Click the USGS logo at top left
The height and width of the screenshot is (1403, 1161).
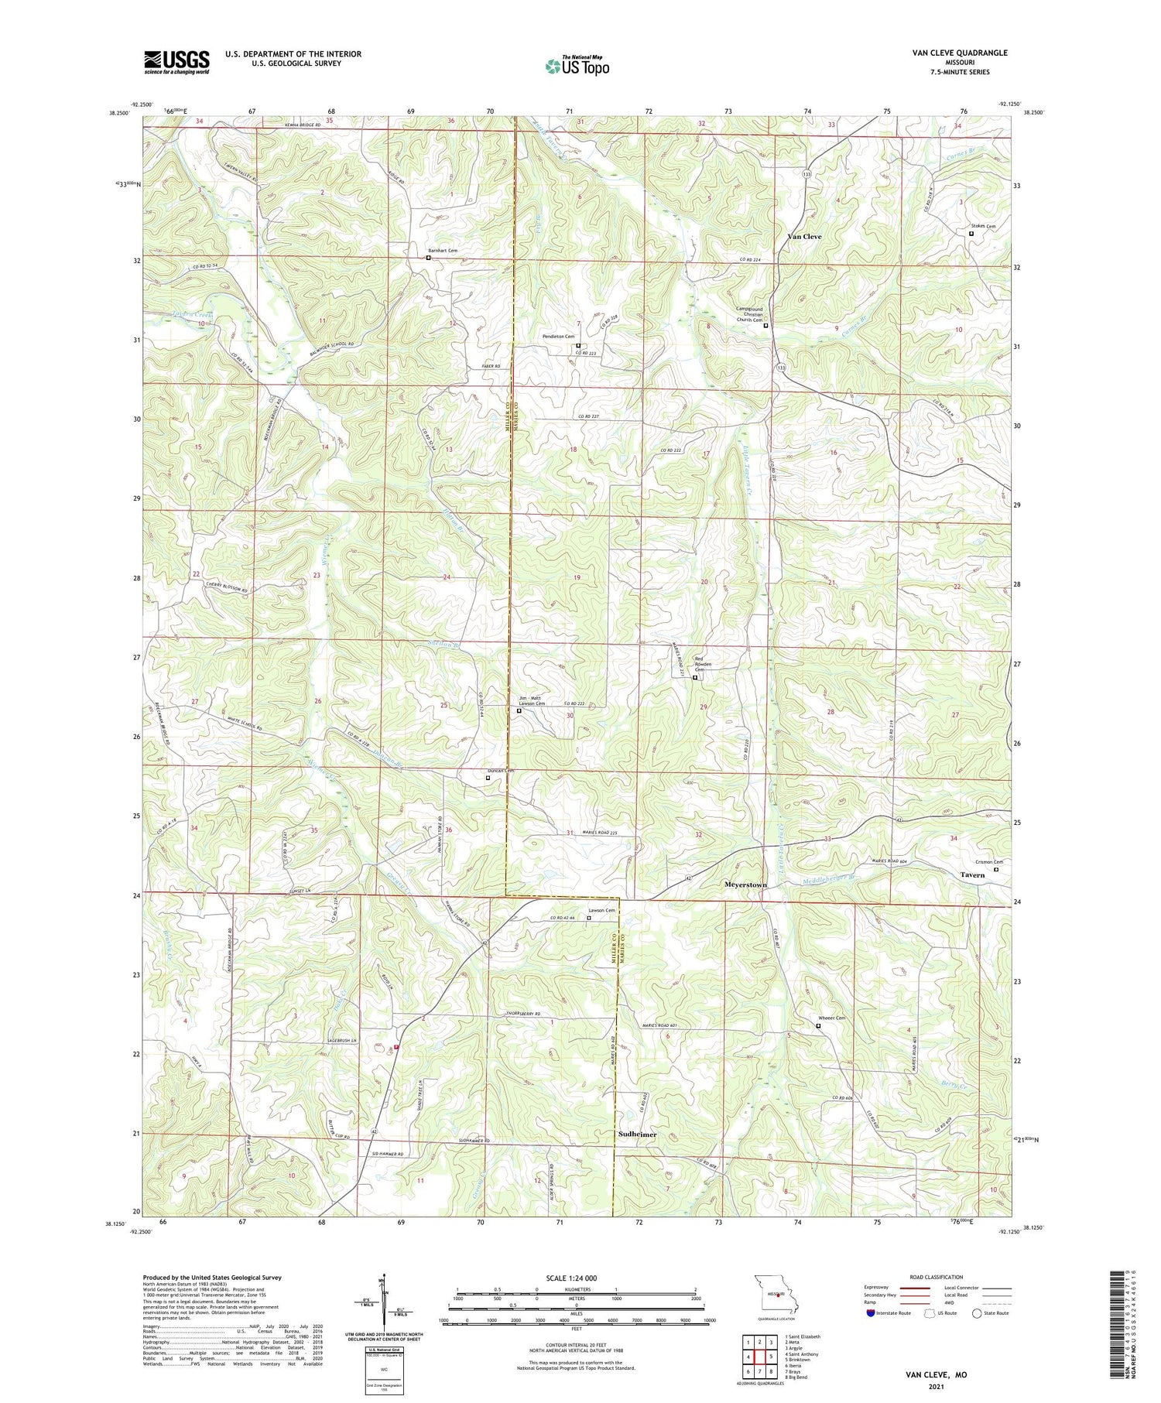[176, 62]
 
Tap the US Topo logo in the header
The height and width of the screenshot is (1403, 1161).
[577, 67]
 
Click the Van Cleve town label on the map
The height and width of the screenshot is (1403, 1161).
[804, 236]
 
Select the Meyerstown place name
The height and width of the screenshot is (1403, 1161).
[745, 885]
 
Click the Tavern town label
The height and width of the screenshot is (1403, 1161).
[972, 875]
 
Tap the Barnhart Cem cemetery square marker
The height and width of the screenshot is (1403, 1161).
[428, 258]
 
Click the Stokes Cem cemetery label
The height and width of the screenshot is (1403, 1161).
[982, 226]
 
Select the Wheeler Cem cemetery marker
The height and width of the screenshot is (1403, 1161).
[818, 1026]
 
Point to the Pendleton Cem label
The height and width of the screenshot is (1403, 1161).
[558, 337]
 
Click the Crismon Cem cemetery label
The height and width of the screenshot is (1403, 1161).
[988, 862]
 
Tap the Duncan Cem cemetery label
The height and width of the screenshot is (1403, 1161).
[500, 771]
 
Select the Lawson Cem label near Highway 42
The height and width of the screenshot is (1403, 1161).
[601, 910]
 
